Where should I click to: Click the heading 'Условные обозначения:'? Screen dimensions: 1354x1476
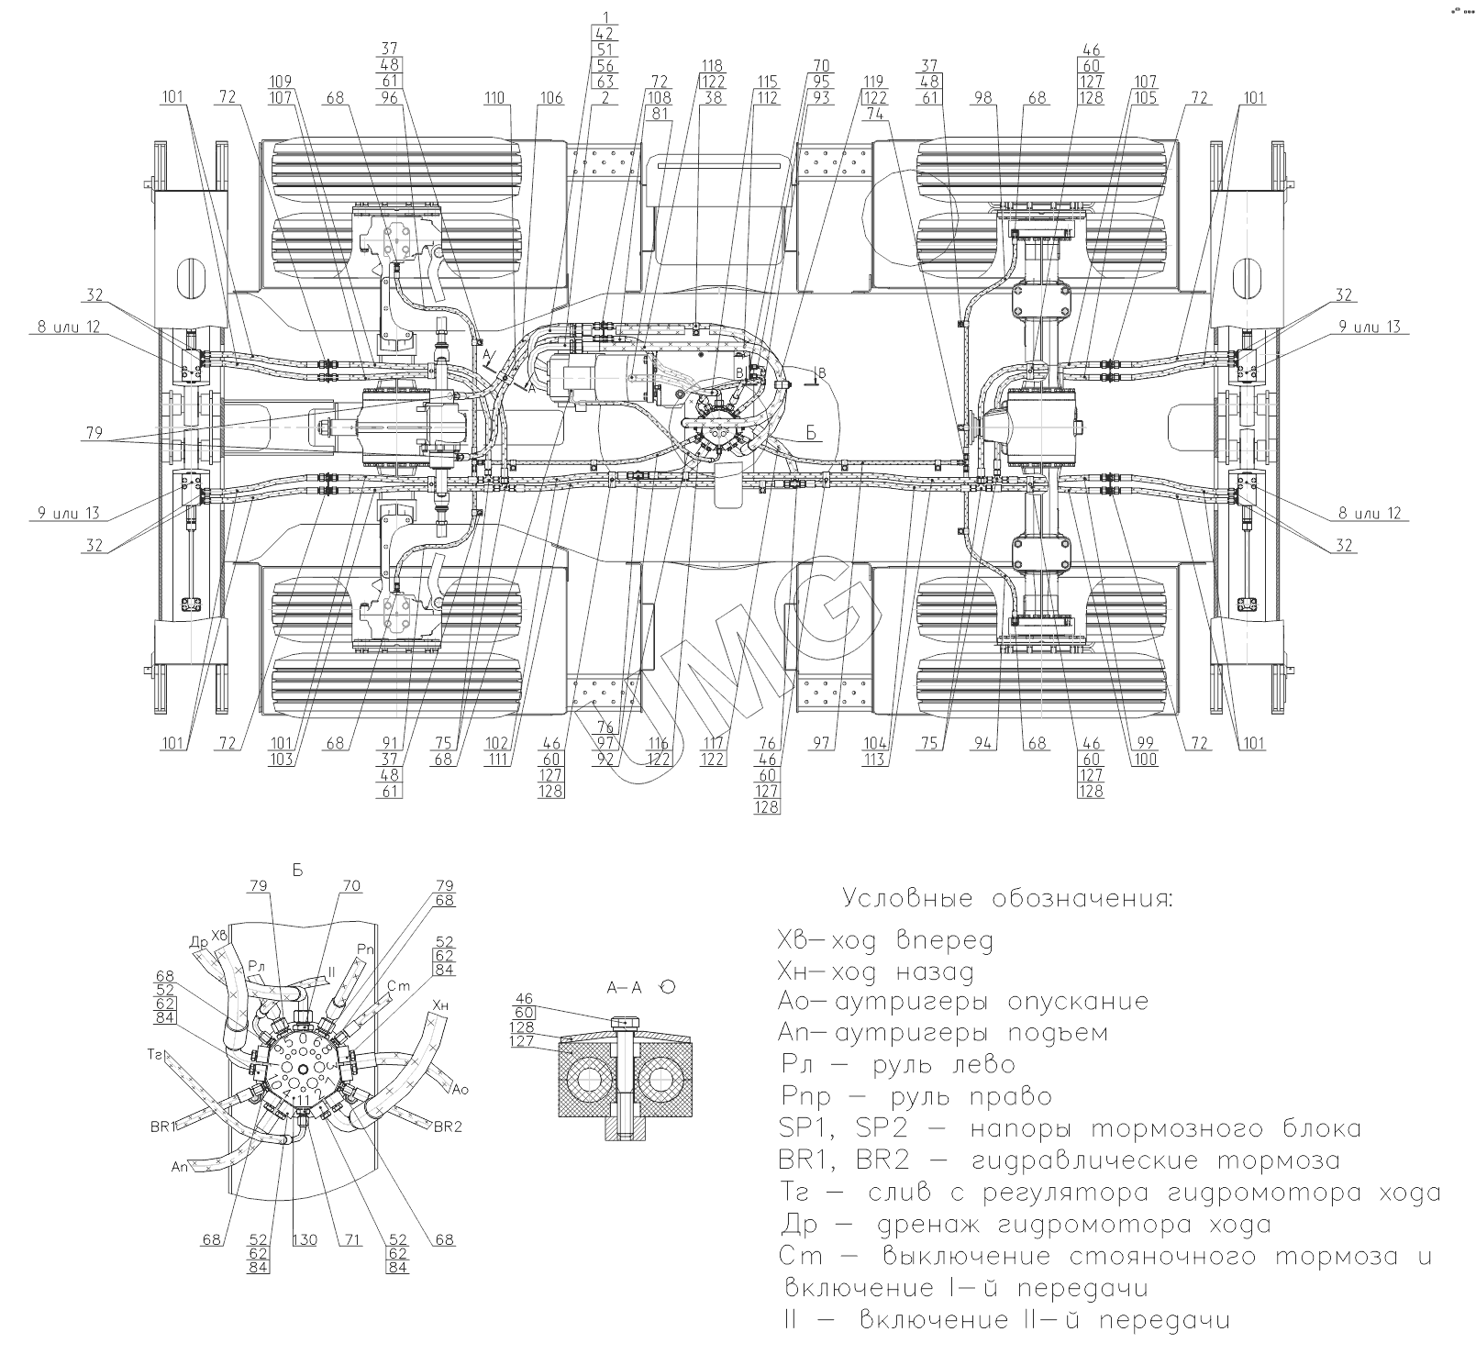coord(1007,897)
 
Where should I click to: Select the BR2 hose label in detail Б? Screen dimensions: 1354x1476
coord(447,1126)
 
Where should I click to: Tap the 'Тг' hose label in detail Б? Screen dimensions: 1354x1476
coord(155,1054)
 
